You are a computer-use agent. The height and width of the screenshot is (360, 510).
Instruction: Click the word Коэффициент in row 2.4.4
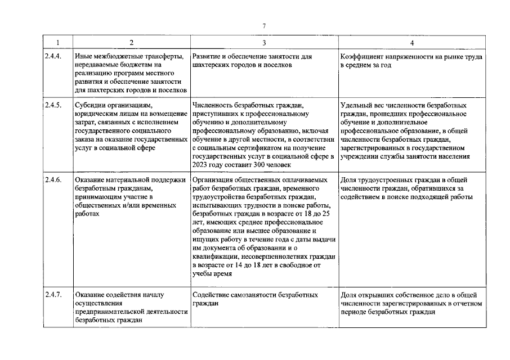point(361,57)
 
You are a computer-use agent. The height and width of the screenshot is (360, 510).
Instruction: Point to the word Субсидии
point(90,104)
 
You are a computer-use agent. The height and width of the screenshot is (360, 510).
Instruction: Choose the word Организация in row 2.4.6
point(212,180)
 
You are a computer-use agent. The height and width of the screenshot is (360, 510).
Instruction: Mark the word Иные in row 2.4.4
point(83,57)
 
